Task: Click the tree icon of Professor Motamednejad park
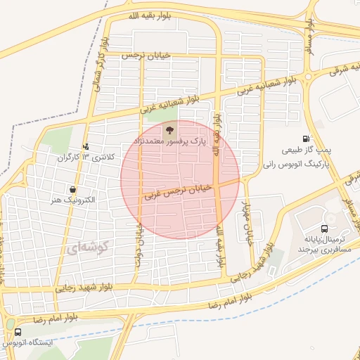(x=168, y=129)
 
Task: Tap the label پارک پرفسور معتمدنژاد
(x=169, y=142)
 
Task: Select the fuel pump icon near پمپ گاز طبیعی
(x=306, y=139)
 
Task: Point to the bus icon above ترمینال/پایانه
(x=324, y=229)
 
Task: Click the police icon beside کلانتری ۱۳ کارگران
(x=86, y=146)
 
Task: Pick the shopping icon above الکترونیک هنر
(x=73, y=189)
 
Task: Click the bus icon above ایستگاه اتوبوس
(x=17, y=332)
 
